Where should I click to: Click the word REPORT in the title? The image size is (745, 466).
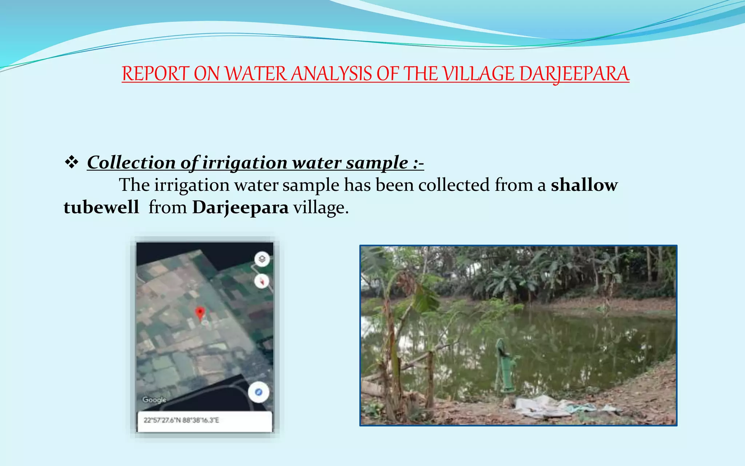(x=155, y=74)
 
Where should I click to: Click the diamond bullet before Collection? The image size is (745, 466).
(x=72, y=162)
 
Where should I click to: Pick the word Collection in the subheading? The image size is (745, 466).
(x=131, y=162)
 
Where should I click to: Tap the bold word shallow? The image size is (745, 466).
(x=584, y=185)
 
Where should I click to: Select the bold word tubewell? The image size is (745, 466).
(x=101, y=208)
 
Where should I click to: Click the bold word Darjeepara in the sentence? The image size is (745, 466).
(x=240, y=208)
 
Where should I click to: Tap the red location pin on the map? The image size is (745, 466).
(x=200, y=313)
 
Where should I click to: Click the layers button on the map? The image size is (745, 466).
(x=262, y=259)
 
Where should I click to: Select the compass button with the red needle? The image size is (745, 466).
(x=262, y=281)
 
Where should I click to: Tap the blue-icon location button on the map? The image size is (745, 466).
(x=259, y=392)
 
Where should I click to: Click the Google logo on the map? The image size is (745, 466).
(x=154, y=400)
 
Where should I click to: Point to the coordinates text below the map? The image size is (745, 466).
(x=181, y=420)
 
